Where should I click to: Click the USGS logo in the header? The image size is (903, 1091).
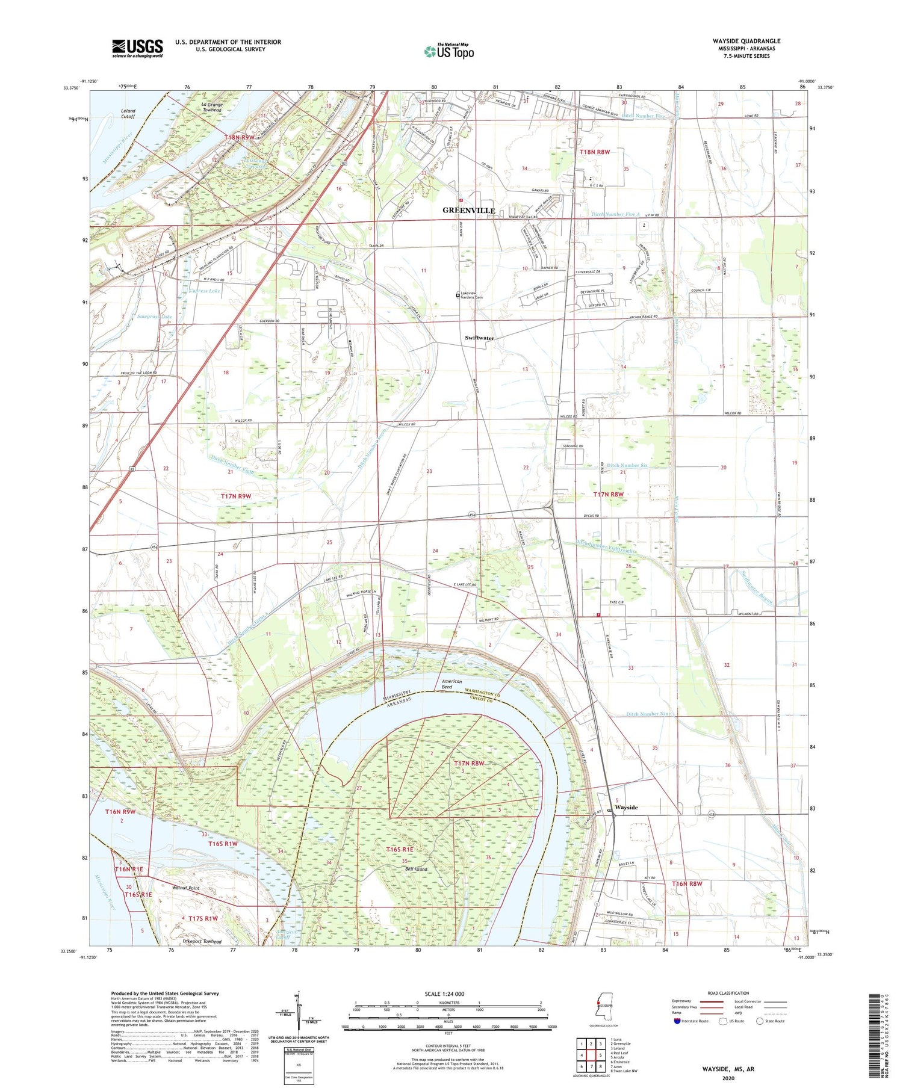click(137, 48)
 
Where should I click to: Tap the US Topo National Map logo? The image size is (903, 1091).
click(448, 52)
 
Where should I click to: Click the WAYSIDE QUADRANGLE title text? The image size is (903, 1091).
click(746, 42)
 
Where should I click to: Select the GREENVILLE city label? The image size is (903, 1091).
click(468, 210)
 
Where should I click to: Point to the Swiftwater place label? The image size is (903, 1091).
click(479, 338)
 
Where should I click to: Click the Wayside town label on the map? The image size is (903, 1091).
click(625, 808)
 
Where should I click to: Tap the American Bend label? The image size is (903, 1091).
click(451, 684)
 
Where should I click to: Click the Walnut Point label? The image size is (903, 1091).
click(185, 888)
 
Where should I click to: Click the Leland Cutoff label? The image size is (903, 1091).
click(128, 114)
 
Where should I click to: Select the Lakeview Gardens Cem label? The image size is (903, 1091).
click(471, 295)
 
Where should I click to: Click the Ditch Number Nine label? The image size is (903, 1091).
click(648, 714)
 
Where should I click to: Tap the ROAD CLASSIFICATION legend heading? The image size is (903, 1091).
click(728, 994)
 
